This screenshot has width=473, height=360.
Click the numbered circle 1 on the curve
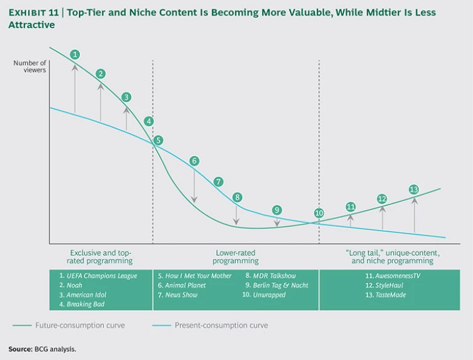point(75,54)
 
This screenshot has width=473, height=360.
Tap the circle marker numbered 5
point(158,140)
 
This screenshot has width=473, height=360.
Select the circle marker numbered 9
point(277,210)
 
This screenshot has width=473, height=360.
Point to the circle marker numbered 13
point(413,189)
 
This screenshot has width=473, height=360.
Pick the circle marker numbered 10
point(319,214)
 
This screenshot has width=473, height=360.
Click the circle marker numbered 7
point(218,182)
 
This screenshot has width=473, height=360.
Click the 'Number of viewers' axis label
point(30,66)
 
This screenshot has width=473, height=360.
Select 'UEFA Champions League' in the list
point(99,276)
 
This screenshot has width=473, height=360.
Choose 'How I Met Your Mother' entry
point(195,276)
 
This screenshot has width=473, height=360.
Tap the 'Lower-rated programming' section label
point(235,257)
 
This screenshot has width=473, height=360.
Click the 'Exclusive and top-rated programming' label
point(100,257)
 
